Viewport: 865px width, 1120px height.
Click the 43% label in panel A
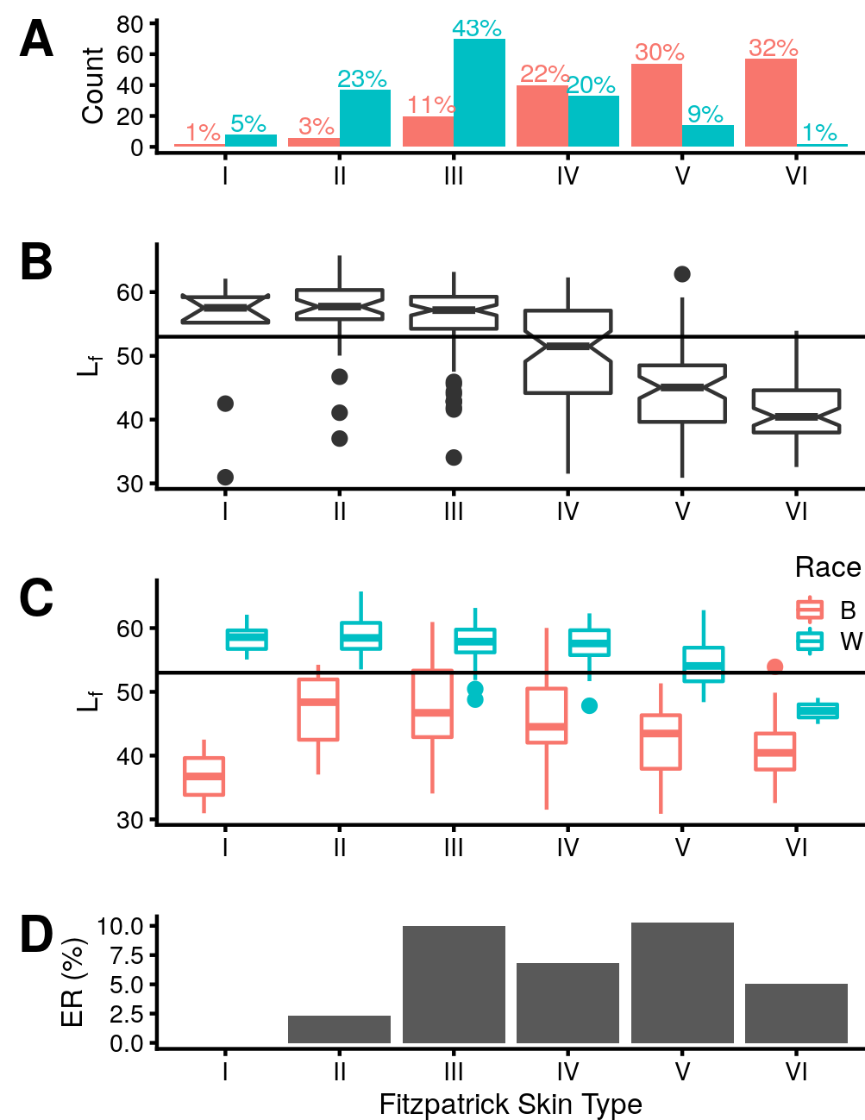476,28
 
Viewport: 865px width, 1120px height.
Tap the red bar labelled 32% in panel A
771,103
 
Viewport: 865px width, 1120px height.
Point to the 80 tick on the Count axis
130,24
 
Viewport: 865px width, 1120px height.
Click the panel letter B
36,262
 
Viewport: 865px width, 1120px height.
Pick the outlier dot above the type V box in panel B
682,274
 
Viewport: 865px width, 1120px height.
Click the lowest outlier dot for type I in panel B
225,477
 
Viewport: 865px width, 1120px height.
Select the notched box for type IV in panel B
567,352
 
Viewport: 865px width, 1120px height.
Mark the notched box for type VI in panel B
796,411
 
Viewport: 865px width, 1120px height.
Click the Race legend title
827,567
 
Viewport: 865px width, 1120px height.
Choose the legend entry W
850,641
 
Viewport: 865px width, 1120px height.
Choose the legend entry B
848,610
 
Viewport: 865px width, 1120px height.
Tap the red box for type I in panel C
204,776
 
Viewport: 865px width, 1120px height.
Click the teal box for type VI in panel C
818,710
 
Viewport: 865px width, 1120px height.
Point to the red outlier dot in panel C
774,666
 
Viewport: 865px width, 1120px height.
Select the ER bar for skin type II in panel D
339,1029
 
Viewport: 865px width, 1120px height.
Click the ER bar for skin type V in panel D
682,983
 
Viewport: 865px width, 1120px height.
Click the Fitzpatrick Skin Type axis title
511,1104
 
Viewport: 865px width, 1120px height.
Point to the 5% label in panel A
248,124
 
